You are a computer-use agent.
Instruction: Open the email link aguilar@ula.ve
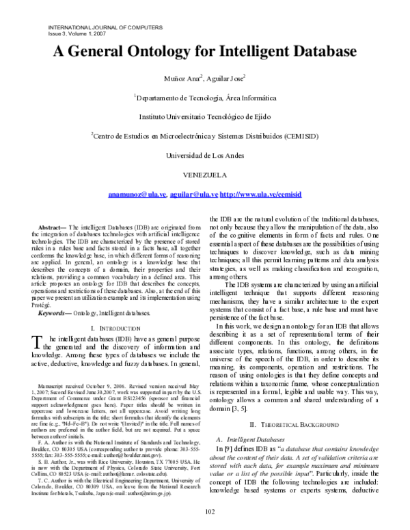point(193,195)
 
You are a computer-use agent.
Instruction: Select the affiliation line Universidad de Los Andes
point(205,155)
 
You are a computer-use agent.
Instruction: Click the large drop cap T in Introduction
point(39,344)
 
